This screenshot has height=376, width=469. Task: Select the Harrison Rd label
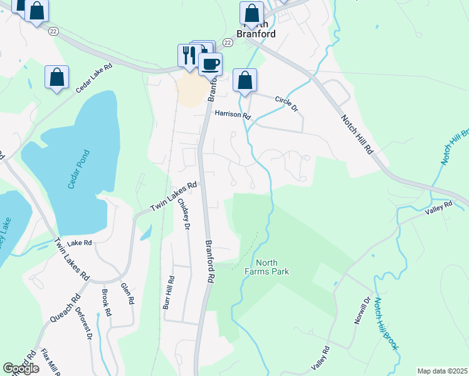point(232,115)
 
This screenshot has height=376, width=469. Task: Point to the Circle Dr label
point(285,104)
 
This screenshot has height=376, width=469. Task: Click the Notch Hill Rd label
point(357,134)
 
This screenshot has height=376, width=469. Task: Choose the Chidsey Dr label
point(182,214)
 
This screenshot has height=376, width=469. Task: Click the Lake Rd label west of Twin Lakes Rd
point(80,243)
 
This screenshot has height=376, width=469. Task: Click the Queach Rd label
point(65,308)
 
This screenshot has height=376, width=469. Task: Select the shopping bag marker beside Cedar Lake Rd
point(56,77)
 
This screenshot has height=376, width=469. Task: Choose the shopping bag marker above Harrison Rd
point(245,80)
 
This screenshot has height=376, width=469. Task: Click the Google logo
point(21,368)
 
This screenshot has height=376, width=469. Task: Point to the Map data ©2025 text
point(442,371)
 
